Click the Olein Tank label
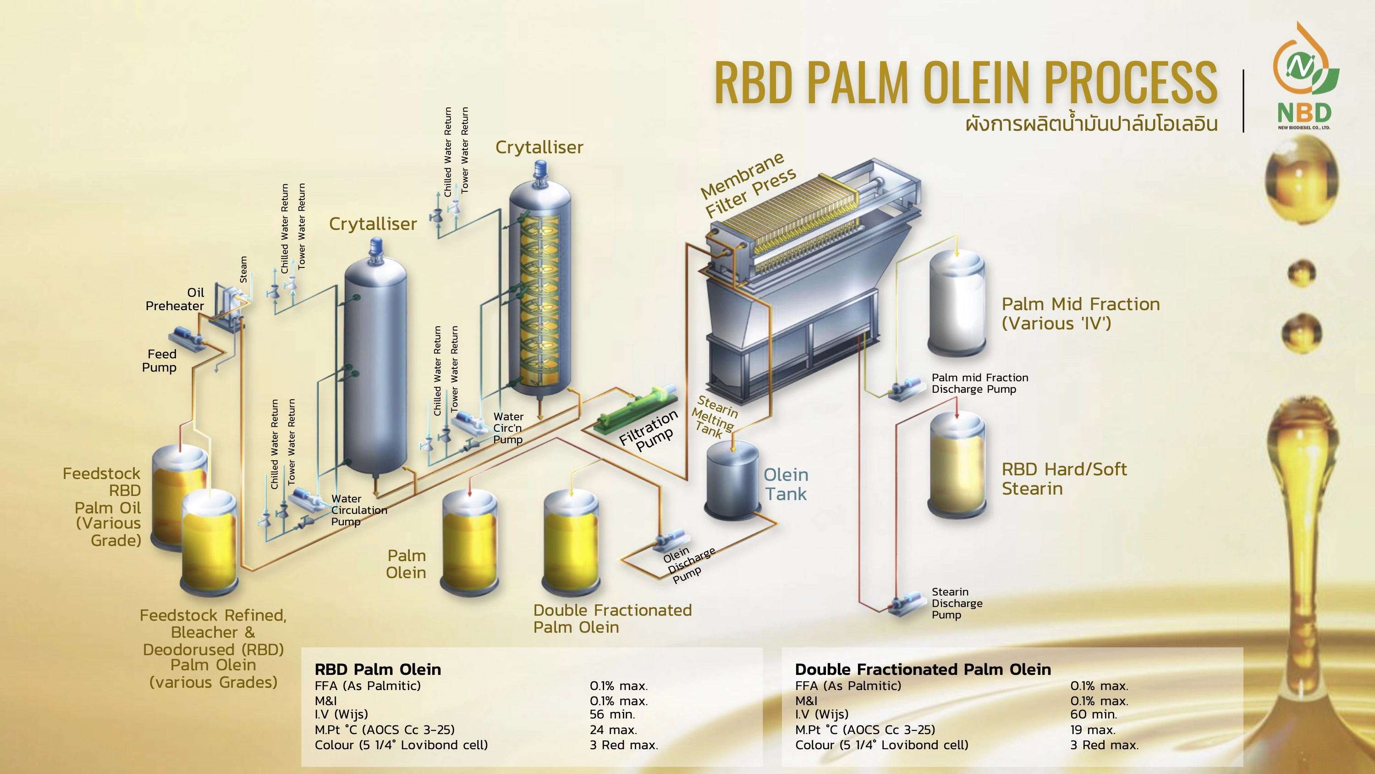tap(786, 484)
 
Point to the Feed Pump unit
tap(187, 339)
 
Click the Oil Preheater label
tap(175, 299)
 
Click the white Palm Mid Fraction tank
tap(957, 305)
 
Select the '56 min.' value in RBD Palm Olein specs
tap(612, 715)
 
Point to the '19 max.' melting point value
tap(1093, 729)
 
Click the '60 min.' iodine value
tap(1093, 715)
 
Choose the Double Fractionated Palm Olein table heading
tap(922, 669)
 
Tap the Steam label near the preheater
tap(243, 269)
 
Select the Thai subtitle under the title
tap(1092, 124)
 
